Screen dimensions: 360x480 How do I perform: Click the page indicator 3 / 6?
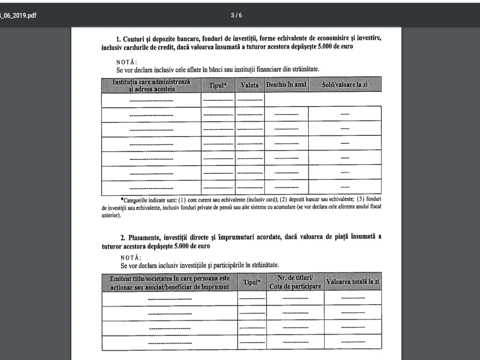(x=236, y=16)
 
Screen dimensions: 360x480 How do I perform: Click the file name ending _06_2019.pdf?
(x=18, y=16)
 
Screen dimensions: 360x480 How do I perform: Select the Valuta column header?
(x=250, y=85)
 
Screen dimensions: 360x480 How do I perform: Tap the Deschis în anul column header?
(x=286, y=85)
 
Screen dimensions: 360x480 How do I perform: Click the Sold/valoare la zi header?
(x=344, y=85)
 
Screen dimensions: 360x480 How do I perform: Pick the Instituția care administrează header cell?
(x=151, y=85)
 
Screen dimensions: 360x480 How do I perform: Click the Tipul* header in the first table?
(x=218, y=85)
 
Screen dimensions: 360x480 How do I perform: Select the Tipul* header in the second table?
(x=252, y=282)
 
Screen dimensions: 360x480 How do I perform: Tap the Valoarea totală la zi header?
(x=353, y=282)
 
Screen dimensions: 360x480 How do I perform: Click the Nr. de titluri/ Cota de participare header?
(x=295, y=282)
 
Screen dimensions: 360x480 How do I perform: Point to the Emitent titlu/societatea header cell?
(x=170, y=282)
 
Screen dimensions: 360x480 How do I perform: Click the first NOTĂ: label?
(x=126, y=62)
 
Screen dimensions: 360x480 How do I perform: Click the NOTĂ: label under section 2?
(x=131, y=258)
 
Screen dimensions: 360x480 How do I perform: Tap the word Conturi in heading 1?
(x=136, y=39)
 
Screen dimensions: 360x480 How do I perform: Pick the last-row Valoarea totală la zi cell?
(x=353, y=343)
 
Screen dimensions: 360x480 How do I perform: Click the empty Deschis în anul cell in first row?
(x=286, y=100)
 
